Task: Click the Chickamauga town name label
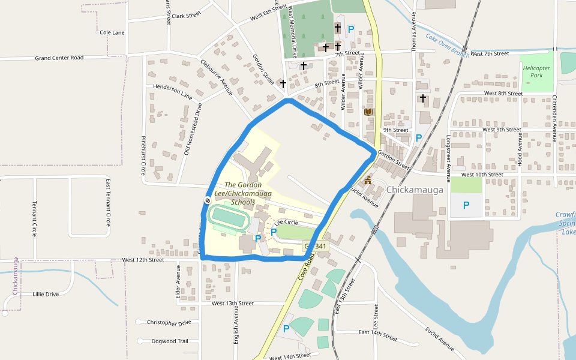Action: click(415, 190)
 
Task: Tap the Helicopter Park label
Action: click(536, 72)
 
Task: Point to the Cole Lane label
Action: click(112, 32)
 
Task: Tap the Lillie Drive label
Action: click(46, 294)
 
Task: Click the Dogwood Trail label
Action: click(170, 341)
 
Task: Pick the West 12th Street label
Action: click(143, 260)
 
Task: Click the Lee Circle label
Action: click(286, 223)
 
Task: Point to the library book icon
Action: click(368, 112)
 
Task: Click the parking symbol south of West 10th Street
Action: click(466, 205)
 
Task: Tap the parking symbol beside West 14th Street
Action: click(286, 328)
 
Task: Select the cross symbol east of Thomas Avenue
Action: click(423, 98)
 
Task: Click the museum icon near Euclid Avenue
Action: click(367, 181)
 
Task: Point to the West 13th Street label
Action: click(233, 303)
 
